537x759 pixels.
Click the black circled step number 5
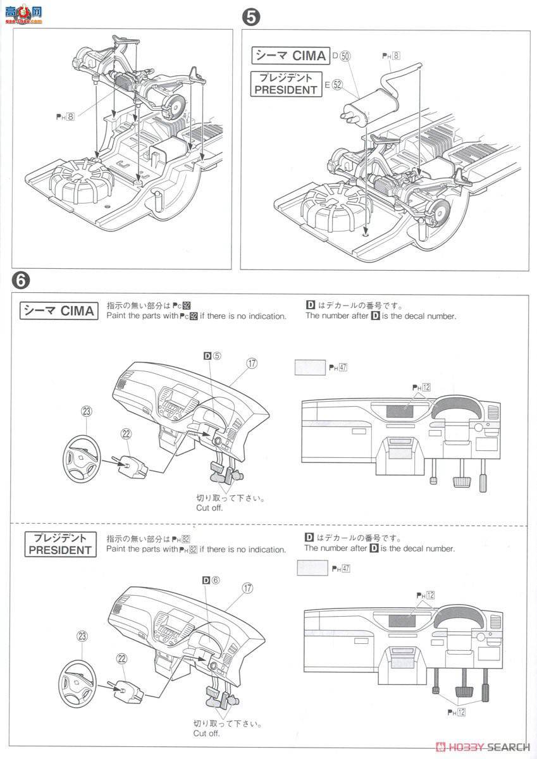pos(251,18)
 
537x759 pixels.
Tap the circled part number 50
pos(345,56)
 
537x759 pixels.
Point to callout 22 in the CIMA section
pos(127,433)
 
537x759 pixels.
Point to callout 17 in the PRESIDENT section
pos(247,588)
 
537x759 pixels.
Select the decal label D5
pos(212,356)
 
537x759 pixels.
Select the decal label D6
pos(211,580)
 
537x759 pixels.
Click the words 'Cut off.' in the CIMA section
pos(209,507)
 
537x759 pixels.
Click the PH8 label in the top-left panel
pos(65,116)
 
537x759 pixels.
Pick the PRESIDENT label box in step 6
pos(60,544)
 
